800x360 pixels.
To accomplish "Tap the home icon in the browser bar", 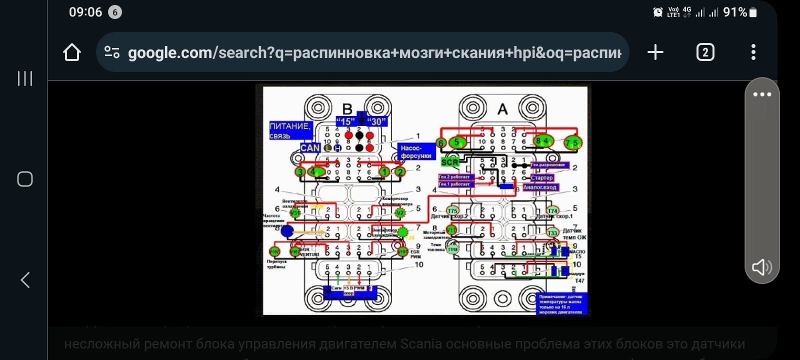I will (x=72, y=52).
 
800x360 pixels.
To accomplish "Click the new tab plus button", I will (x=655, y=52).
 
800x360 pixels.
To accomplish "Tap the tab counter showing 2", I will (x=705, y=52).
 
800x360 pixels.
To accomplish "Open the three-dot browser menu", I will (x=753, y=52).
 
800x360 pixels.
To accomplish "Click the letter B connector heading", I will (x=347, y=108).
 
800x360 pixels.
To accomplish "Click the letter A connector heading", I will (x=502, y=109).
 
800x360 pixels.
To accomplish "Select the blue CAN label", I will (x=310, y=147).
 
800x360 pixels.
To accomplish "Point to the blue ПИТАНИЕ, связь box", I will (x=290, y=130).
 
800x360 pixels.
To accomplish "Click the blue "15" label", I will (x=345, y=121).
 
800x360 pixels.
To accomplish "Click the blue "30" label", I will (x=376, y=121).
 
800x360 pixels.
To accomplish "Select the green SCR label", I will (x=449, y=162).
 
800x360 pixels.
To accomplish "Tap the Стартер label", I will (x=542, y=177).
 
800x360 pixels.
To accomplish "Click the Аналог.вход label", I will (x=540, y=187).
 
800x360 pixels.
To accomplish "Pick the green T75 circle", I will (x=452, y=210).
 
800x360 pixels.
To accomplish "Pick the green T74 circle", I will (x=552, y=210).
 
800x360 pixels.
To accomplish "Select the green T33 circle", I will (x=552, y=232).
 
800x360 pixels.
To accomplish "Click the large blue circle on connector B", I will (x=287, y=231).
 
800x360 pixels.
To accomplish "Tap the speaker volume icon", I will (x=761, y=267).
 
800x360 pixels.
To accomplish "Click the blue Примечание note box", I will (x=560, y=304).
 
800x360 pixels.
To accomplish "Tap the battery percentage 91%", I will (x=734, y=12).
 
